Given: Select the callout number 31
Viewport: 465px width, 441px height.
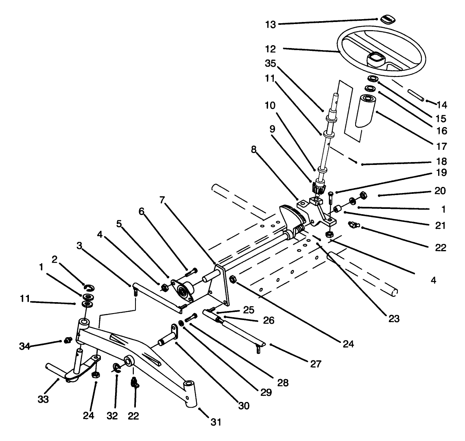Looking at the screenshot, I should pos(216,422).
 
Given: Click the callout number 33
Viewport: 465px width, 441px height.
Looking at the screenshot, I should pos(43,399).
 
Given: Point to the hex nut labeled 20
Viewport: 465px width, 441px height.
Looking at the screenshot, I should pos(364,195).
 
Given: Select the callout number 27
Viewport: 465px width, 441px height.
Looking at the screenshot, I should pos(315,364).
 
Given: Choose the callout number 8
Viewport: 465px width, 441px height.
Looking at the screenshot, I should pos(254,149).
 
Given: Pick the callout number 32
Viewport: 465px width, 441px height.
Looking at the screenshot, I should pos(112,416).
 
